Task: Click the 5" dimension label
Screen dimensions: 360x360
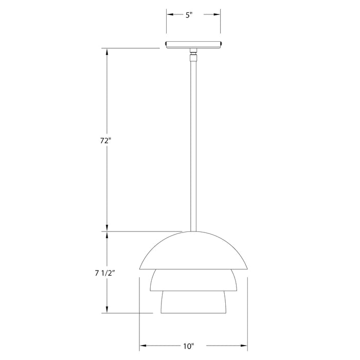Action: (x=189, y=15)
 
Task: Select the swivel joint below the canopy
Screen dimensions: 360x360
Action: (x=194, y=53)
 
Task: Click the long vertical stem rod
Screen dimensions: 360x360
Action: (x=194, y=144)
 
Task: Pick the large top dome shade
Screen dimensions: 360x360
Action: (x=194, y=252)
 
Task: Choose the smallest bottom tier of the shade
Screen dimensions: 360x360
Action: (x=194, y=302)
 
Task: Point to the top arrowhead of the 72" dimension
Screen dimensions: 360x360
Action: (x=107, y=51)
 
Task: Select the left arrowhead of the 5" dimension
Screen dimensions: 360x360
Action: (x=169, y=15)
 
